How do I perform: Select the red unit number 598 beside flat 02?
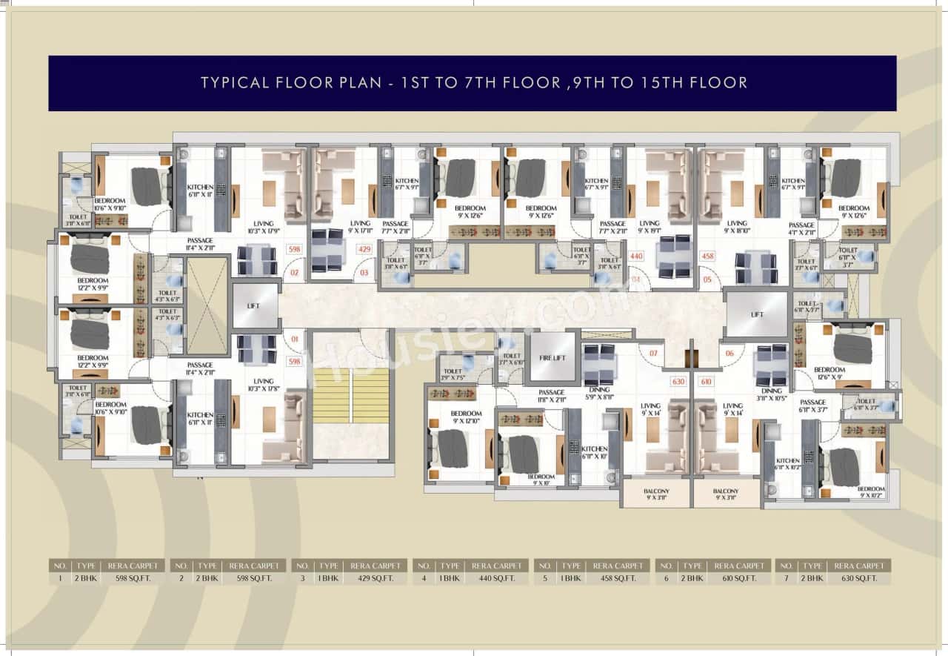pyautogui.click(x=295, y=250)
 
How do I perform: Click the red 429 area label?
pyautogui.click(x=364, y=250)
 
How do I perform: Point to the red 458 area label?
pyautogui.click(x=708, y=256)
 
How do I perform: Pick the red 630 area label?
pyautogui.click(x=677, y=382)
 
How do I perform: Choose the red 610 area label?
pyautogui.click(x=707, y=382)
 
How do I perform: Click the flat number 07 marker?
pyautogui.click(x=653, y=354)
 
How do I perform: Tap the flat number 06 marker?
pyautogui.click(x=730, y=354)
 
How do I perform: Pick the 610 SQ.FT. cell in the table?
pyautogui.click(x=739, y=578)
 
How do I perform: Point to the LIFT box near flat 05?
pyautogui.click(x=757, y=314)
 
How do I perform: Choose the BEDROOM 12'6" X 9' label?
pyautogui.click(x=829, y=374)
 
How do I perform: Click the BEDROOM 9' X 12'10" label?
pyautogui.click(x=467, y=417)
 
